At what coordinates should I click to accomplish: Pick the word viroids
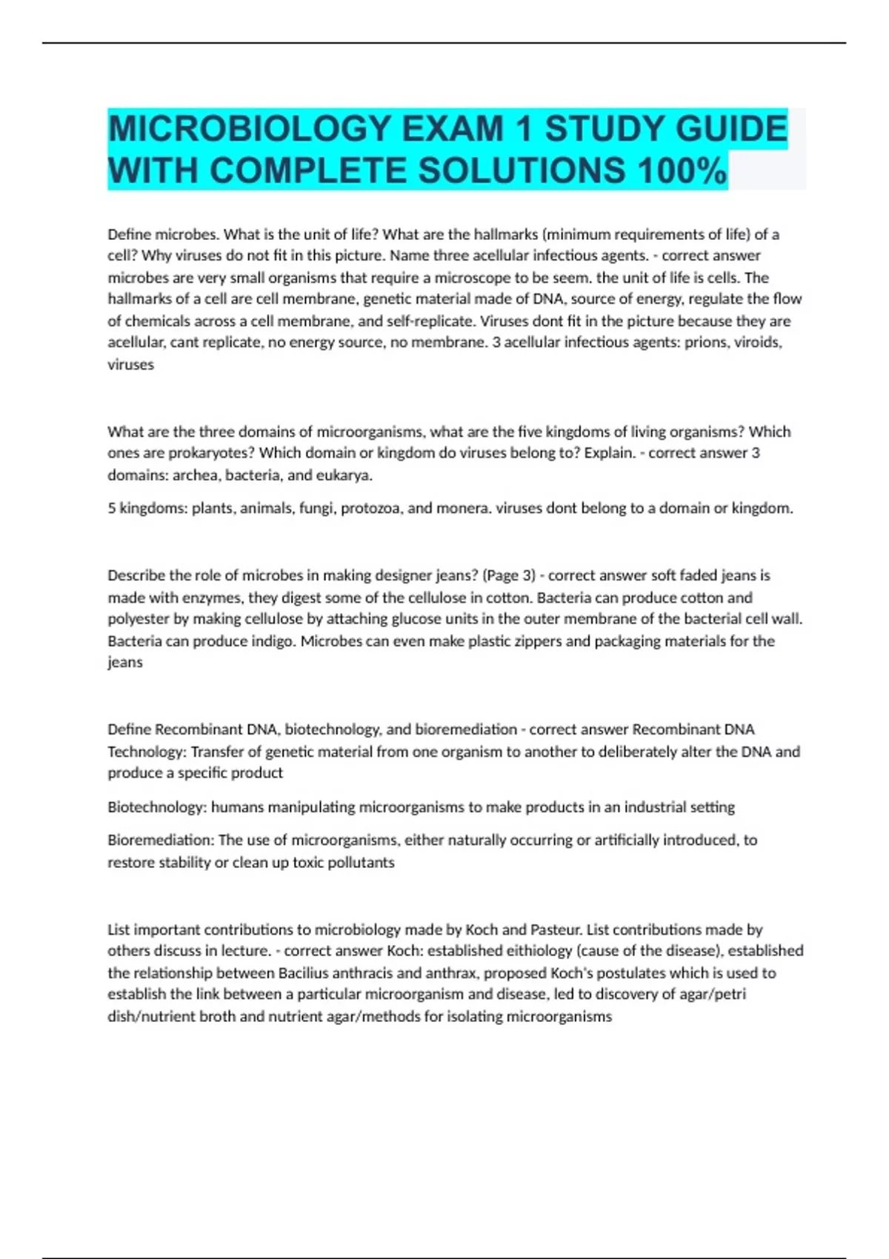coord(757,342)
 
